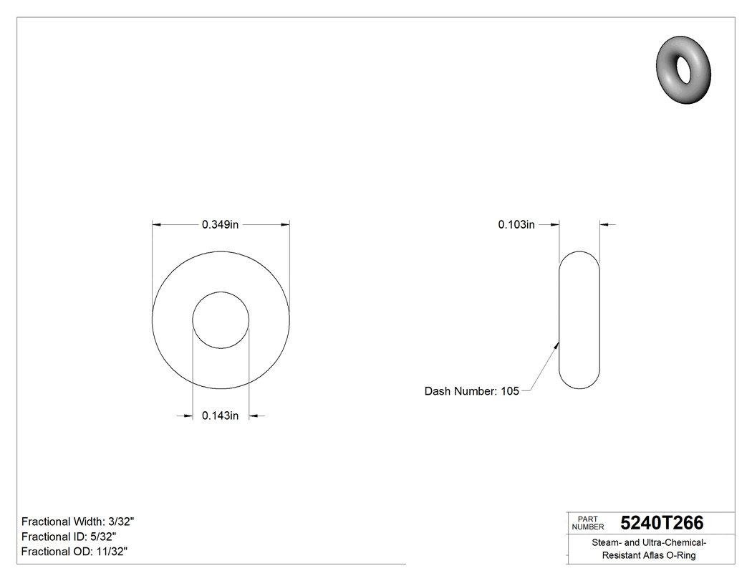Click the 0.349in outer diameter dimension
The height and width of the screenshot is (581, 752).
click(220, 224)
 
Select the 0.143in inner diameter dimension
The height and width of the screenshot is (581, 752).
click(220, 416)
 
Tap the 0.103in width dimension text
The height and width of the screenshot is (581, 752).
click(516, 224)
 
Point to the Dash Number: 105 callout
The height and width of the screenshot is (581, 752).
click(471, 391)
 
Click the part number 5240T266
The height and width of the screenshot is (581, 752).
click(662, 523)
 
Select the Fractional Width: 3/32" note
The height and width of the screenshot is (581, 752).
click(78, 522)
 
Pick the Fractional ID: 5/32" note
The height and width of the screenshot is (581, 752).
click(69, 537)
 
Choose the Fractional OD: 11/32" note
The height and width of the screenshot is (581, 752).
click(74, 552)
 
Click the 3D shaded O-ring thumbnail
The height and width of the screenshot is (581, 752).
click(683, 69)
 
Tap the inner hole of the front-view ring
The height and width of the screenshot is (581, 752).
click(221, 320)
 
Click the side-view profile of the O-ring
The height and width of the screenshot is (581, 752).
click(579, 320)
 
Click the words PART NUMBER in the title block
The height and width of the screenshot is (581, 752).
click(587, 523)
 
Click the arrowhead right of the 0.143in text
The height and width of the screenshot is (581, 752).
click(254, 416)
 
